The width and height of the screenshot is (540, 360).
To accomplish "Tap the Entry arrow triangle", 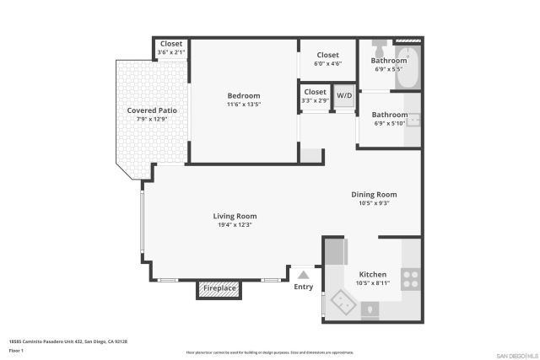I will [x=304, y=274].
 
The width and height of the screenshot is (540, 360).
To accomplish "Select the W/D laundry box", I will [x=344, y=96].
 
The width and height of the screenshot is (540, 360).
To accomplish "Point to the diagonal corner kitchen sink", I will [x=344, y=300].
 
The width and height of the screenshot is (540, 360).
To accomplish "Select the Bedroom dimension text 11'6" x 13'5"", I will [x=243, y=105].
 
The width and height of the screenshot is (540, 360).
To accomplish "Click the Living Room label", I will [x=235, y=216].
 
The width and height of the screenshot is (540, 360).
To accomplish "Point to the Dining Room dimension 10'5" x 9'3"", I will [x=374, y=203].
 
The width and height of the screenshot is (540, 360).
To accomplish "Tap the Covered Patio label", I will [x=152, y=110].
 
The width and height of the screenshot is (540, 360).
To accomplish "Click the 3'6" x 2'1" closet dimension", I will [x=171, y=52].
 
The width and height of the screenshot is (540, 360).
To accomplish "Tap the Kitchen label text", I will [x=373, y=275].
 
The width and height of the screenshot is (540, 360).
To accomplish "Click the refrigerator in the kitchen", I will [x=335, y=252].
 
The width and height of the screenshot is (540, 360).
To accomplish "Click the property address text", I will [x=67, y=341].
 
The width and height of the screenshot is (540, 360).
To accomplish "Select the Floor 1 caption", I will [x=16, y=350].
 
